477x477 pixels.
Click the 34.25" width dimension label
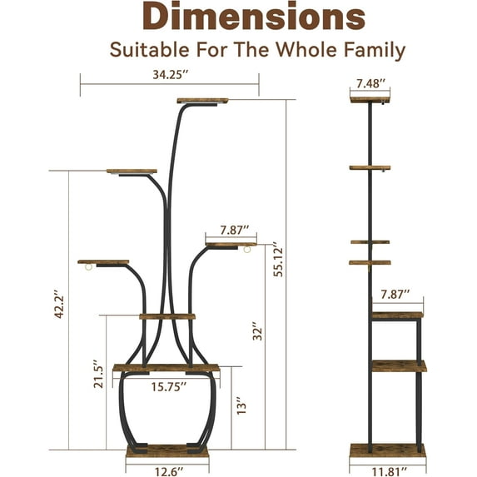click(170, 74)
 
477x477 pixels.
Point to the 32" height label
click(259, 330)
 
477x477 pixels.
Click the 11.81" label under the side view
click(387, 470)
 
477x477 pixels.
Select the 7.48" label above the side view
click(370, 83)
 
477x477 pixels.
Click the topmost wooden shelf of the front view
click(202, 101)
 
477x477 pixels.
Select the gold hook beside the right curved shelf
click(246, 252)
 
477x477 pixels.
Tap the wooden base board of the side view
click(387, 450)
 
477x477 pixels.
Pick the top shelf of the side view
click(370, 100)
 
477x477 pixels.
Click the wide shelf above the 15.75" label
click(166, 368)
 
